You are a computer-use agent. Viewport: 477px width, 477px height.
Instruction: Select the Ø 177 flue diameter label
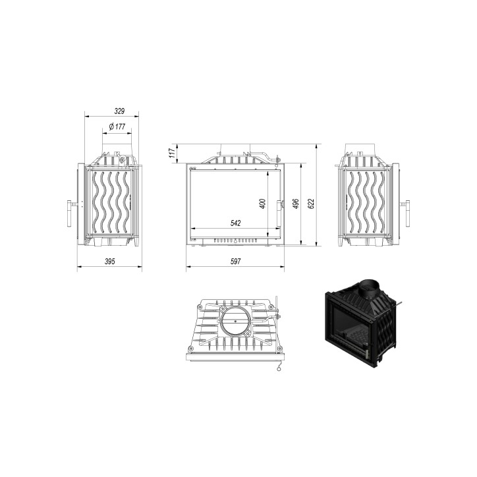[117, 126]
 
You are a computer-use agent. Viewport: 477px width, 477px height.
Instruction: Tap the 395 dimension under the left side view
[110, 262]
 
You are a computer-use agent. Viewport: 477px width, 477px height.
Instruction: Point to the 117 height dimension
[173, 153]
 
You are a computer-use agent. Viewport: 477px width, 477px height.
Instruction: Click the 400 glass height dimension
[262, 204]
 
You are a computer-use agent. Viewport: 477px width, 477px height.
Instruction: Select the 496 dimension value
[296, 204]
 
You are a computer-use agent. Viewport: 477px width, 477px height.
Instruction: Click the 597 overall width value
[235, 262]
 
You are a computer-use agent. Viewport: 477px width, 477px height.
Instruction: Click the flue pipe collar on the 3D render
[370, 289]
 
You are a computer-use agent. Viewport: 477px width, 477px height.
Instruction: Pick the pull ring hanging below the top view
[279, 370]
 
